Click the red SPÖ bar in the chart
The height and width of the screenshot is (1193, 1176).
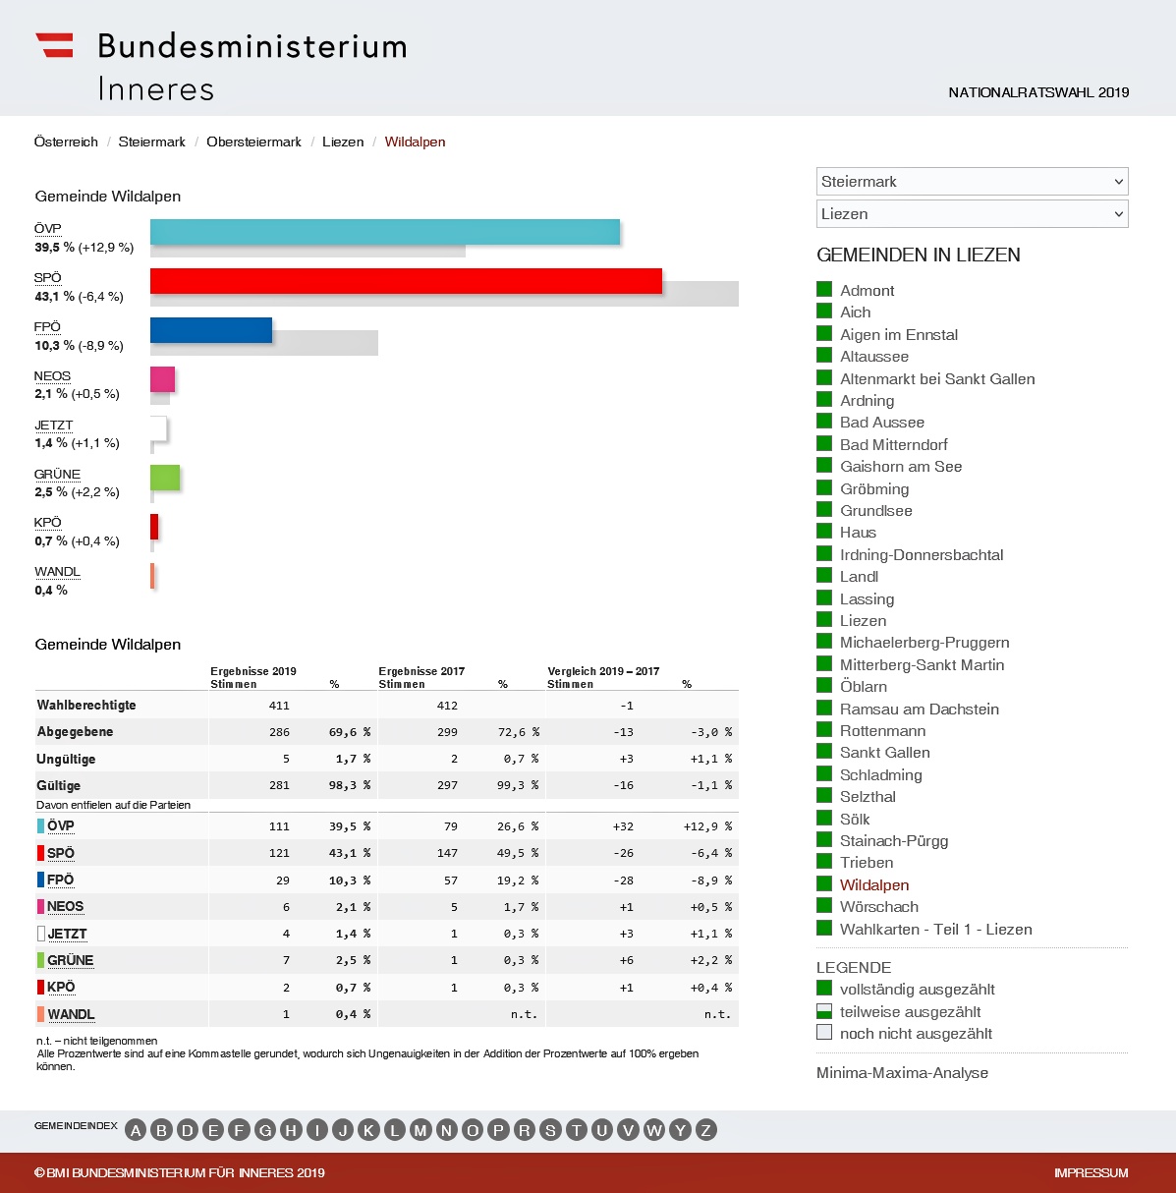tap(406, 281)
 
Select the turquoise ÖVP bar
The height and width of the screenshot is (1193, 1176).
tap(384, 232)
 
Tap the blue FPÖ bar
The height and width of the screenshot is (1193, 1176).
tap(210, 330)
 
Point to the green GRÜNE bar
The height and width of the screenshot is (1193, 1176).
tap(165, 478)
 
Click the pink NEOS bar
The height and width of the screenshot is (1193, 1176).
tap(162, 379)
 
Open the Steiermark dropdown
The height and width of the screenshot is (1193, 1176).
tap(972, 181)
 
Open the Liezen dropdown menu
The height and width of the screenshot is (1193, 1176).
tap(972, 213)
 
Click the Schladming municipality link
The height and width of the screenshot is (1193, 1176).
tap(880, 774)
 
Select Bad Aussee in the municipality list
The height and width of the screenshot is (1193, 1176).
tap(881, 423)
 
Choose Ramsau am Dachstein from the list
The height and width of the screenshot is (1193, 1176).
tap(919, 709)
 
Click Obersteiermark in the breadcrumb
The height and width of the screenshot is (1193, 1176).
tap(253, 142)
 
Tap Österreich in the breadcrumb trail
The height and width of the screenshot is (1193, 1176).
tap(66, 142)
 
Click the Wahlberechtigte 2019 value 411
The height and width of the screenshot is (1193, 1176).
tap(279, 706)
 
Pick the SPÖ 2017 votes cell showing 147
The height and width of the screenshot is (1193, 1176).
tap(447, 853)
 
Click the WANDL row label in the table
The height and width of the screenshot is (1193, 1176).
tap(71, 1014)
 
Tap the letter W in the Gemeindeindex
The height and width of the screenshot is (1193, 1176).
tap(654, 1130)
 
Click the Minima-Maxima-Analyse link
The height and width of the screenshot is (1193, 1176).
tap(902, 1073)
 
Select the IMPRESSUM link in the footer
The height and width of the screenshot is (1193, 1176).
tap(1091, 1172)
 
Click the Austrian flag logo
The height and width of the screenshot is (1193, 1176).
tap(55, 45)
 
